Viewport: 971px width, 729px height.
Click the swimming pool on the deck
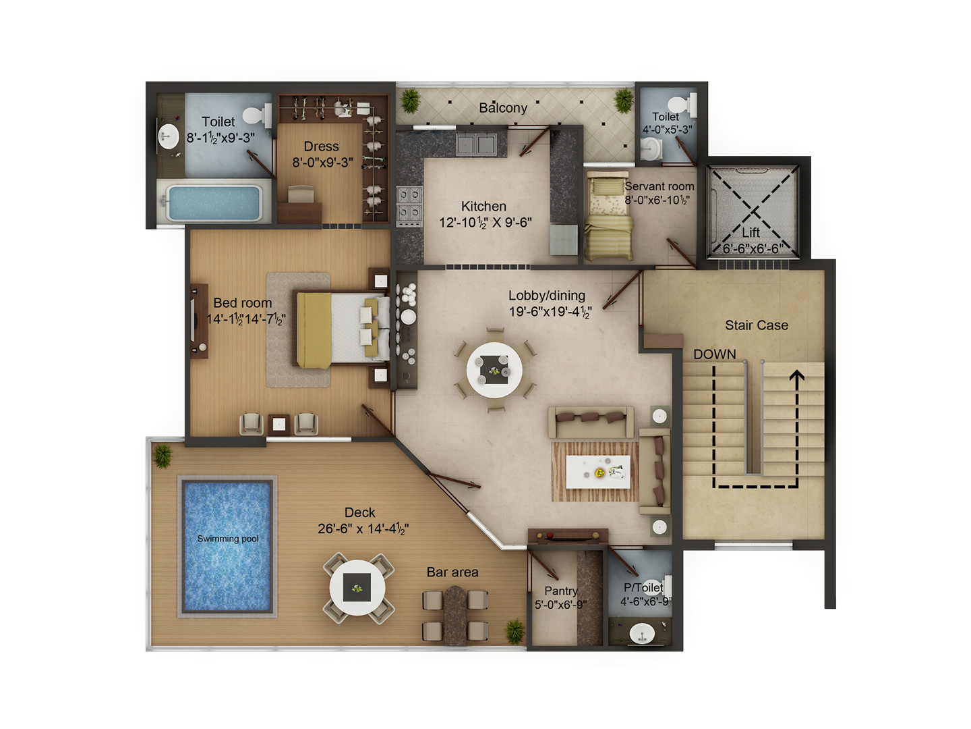[x=227, y=546]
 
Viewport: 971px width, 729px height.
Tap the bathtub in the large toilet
[x=214, y=203]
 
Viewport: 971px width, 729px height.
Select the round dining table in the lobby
[x=494, y=370]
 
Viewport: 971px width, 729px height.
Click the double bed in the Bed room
[x=341, y=329]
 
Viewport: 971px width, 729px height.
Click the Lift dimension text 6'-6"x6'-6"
[x=753, y=249]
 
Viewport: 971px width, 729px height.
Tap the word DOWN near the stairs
[x=714, y=354]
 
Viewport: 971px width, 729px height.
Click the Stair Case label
[x=757, y=325]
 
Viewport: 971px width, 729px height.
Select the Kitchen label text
[x=483, y=207]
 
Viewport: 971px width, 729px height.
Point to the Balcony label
[x=503, y=107]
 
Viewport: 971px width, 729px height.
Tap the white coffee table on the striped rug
[x=598, y=472]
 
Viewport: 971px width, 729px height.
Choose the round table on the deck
[x=357, y=588]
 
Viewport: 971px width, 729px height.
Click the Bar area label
[x=452, y=572]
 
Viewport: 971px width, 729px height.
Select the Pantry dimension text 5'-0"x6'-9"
[x=560, y=605]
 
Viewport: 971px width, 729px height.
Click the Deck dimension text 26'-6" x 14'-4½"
[x=363, y=529]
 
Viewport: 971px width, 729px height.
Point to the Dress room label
[x=321, y=146]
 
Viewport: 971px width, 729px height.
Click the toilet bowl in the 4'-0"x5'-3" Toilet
[x=682, y=105]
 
